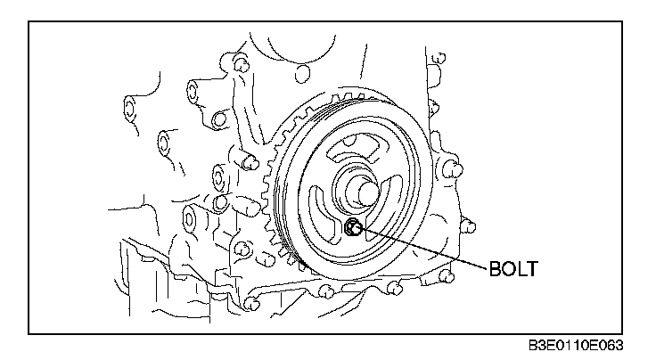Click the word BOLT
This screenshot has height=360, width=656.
pos(513,269)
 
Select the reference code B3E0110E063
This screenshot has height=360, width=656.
pos(575,346)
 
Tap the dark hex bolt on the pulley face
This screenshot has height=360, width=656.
pos(353,228)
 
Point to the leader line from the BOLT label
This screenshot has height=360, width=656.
pos(422,248)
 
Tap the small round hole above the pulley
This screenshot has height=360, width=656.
pos(302,74)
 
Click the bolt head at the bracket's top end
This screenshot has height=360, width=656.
pos(240,62)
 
